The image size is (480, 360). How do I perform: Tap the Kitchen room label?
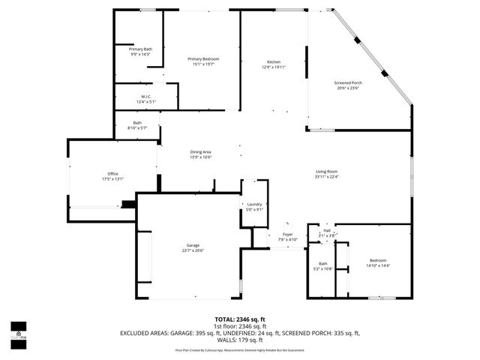[x=274, y=61]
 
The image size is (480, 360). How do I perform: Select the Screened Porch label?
[x=347, y=82]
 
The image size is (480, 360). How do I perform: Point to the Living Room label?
[x=326, y=172]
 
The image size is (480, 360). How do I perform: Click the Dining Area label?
[x=200, y=152]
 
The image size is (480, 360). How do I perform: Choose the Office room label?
[x=112, y=174]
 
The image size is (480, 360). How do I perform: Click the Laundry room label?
[x=254, y=205]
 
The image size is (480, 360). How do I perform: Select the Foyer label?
[x=287, y=235]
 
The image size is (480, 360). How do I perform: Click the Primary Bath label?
[x=140, y=49]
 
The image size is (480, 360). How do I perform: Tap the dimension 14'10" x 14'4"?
[x=378, y=265]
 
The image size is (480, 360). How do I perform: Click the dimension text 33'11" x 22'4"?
[x=326, y=177]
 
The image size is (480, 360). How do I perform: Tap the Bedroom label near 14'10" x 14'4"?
[x=378, y=260]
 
